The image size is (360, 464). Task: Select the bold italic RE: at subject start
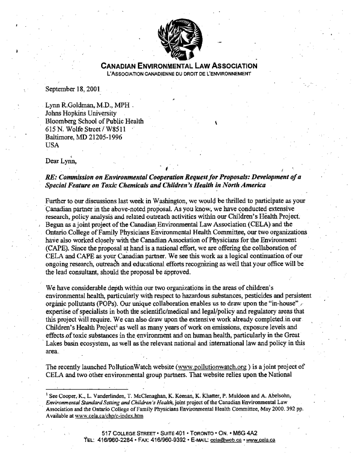tap(53, 177)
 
